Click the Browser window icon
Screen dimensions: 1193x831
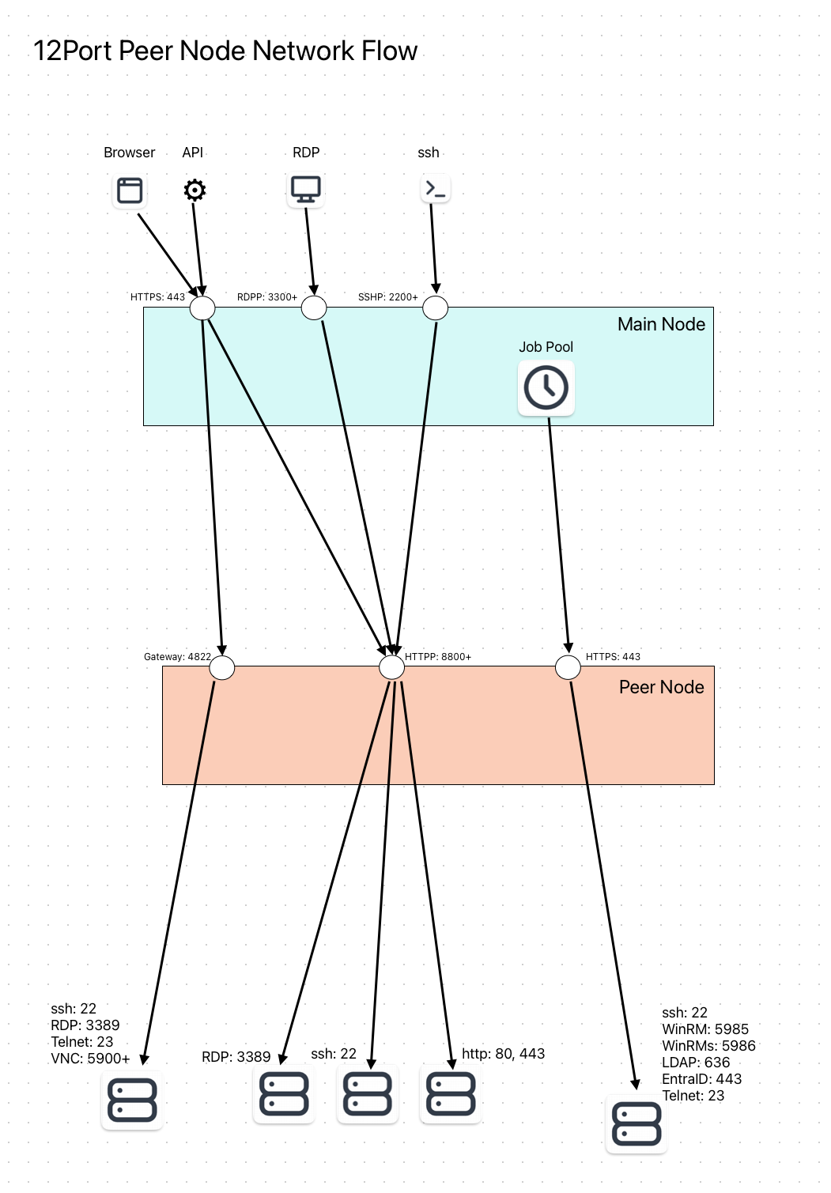click(130, 191)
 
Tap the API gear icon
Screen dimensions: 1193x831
click(195, 190)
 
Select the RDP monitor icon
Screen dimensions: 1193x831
click(305, 190)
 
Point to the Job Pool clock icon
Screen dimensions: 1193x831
click(546, 387)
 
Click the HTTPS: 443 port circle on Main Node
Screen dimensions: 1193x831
click(202, 308)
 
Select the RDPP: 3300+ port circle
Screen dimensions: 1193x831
click(314, 308)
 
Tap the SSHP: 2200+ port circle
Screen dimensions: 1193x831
click(435, 308)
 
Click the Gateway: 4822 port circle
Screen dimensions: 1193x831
click(222, 667)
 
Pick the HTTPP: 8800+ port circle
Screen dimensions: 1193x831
click(392, 667)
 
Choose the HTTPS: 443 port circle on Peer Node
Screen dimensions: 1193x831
click(568, 667)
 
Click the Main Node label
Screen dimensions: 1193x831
click(661, 324)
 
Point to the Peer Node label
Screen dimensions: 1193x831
click(661, 687)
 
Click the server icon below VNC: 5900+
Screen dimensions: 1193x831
click(132, 1100)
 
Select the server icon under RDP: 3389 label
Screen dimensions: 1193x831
click(284, 1094)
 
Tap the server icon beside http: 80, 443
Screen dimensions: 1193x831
click(451, 1094)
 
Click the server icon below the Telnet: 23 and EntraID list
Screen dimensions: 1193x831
click(636, 1124)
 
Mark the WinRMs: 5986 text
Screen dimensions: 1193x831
click(708, 1046)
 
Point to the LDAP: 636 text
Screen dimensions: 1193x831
click(696, 1063)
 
